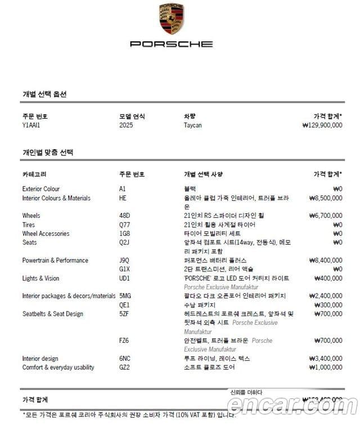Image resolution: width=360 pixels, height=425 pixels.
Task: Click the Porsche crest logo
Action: point(171,19)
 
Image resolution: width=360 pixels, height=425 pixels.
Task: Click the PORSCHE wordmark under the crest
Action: point(171,43)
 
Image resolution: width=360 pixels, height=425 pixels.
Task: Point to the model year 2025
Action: point(127,125)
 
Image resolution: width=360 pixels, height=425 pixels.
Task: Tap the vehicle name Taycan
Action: point(192,125)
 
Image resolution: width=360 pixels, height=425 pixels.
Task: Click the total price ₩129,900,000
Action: point(322,125)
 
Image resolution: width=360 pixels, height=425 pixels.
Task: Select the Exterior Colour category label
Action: point(40,189)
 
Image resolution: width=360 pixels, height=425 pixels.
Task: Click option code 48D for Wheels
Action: point(124,216)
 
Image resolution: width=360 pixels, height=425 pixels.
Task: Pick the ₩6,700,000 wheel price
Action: point(325,216)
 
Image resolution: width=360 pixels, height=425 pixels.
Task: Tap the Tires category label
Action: point(29,225)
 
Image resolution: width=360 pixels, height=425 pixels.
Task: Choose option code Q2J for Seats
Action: point(124,243)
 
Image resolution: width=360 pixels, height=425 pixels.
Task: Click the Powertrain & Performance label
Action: point(55,261)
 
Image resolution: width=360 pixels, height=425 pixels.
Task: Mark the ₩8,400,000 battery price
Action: point(325,261)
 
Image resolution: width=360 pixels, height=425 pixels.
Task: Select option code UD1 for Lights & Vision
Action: point(124,279)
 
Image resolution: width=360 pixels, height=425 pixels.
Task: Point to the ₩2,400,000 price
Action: point(325,296)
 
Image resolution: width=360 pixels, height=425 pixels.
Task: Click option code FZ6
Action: point(124,341)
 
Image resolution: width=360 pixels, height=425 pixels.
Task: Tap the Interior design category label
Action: point(40,359)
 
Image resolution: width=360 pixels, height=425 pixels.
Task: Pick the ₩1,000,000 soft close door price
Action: point(325,368)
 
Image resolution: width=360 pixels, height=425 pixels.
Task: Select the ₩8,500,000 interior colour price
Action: point(325,198)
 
